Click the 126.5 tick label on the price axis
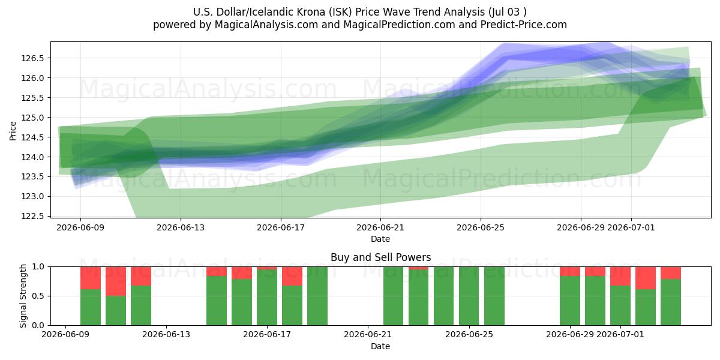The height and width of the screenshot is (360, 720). click(33, 58)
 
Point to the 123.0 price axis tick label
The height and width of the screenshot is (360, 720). click(33, 196)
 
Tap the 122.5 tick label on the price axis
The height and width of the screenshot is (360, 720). click(33, 216)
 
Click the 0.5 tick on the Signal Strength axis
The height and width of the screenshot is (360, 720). click(38, 296)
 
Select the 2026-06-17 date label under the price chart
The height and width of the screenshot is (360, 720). click(281, 227)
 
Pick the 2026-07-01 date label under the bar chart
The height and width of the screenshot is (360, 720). click(620, 335)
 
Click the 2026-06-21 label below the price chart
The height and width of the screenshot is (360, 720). click(380, 227)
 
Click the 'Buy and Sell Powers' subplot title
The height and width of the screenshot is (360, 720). click(380, 257)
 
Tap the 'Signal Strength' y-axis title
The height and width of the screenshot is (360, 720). click(23, 296)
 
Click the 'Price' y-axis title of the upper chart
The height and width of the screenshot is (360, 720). click(13, 131)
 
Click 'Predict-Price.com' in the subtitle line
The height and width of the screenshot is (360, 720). click(524, 25)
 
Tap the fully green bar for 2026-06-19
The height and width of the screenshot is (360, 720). click(317, 296)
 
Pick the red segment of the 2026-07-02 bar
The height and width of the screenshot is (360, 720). click(646, 278)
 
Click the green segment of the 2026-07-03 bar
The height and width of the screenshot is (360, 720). click(671, 302)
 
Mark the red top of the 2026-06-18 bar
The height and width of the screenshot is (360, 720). click(292, 276)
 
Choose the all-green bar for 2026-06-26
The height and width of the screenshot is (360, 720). click(494, 296)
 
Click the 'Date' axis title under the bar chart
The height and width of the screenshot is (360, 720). click(380, 346)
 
